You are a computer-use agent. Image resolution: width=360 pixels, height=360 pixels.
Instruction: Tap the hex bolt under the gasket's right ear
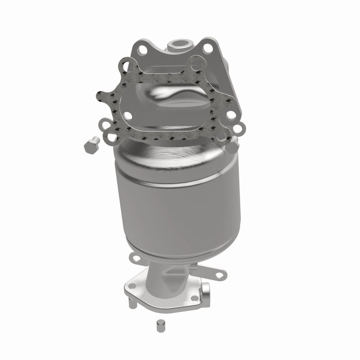(x=234, y=144)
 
